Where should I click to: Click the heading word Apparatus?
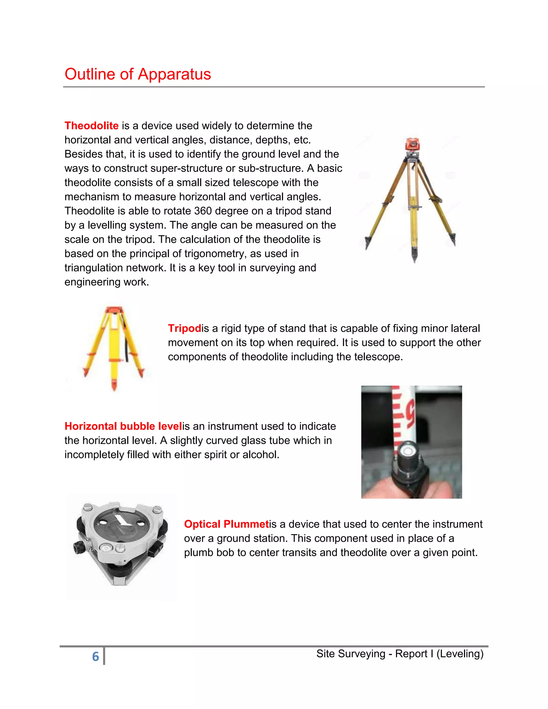point(174,74)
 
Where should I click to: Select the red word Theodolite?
point(92,126)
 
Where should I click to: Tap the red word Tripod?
point(184,328)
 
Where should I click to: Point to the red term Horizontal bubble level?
point(123,426)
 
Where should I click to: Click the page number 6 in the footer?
point(96,656)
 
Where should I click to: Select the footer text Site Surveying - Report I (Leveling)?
point(400,654)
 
